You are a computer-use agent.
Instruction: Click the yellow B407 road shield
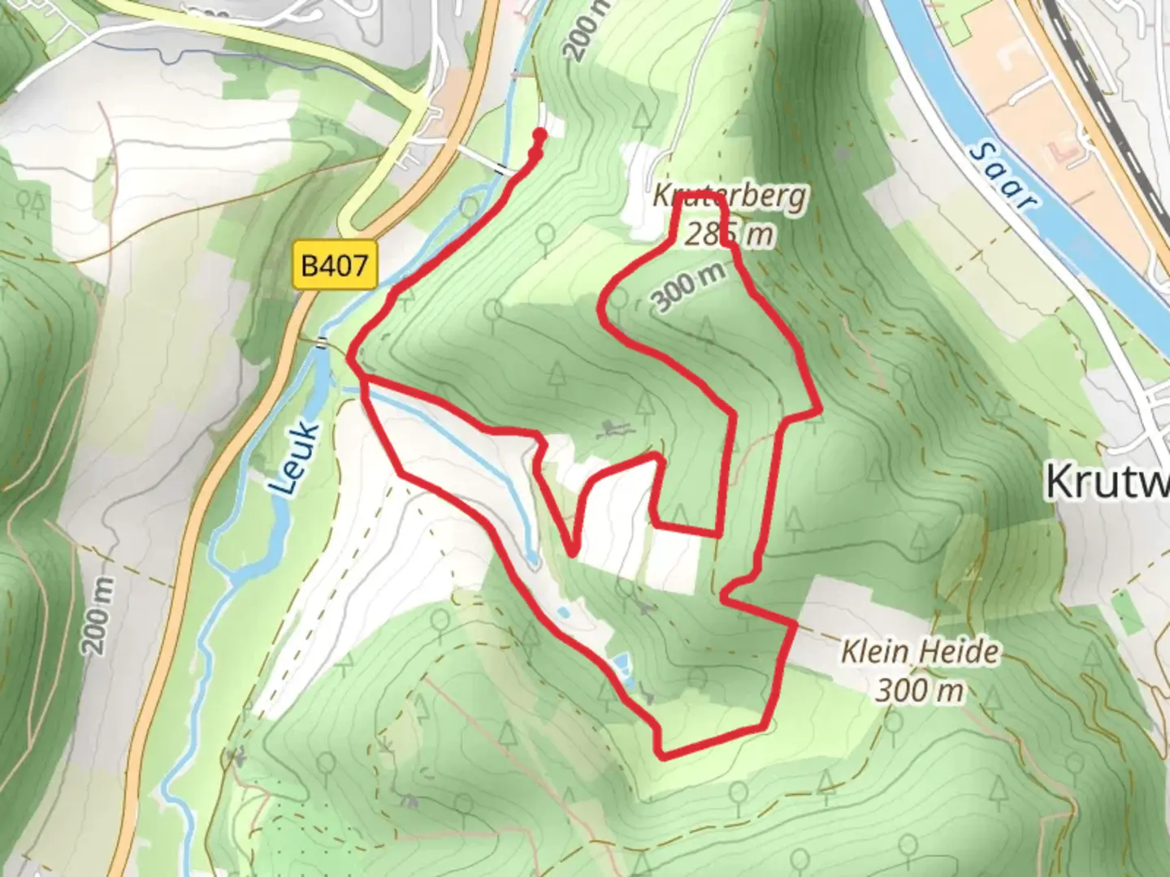coord(336,266)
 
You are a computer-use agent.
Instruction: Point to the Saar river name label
coord(1006,176)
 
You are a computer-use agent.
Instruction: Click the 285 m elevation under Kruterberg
coord(729,234)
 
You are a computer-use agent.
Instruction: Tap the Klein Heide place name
coord(921,652)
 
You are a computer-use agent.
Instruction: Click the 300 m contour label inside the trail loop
coord(687,288)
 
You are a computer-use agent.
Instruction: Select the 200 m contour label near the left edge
coord(97,615)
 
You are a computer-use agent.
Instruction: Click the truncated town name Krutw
coord(1107,481)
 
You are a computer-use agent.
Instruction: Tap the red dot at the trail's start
coord(539,136)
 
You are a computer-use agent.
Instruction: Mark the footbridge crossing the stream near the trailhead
coord(502,169)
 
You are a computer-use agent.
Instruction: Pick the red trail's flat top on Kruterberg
coord(700,197)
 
